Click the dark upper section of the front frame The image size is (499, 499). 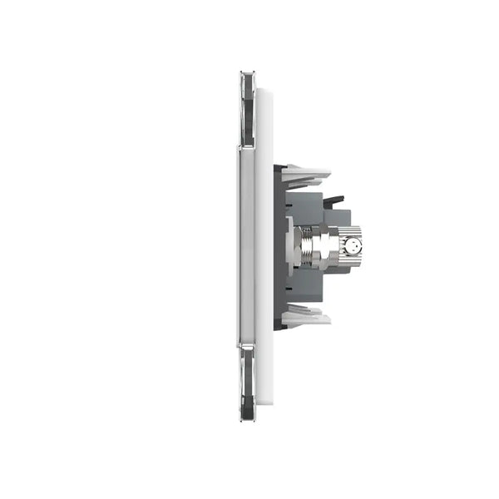tap(247, 108)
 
